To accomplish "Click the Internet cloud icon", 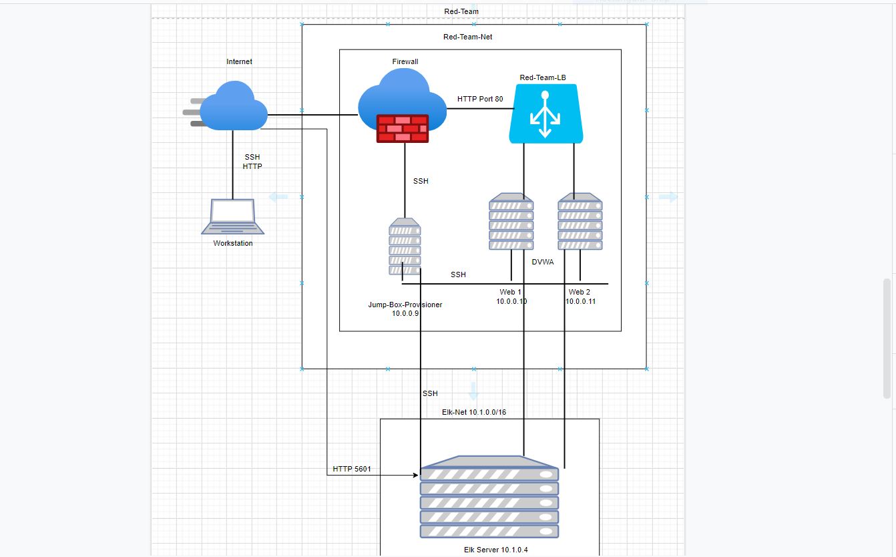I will [x=233, y=106].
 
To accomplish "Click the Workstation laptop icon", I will [x=233, y=216].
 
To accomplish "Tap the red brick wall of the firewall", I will [x=402, y=128].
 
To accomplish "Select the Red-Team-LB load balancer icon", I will [x=545, y=114].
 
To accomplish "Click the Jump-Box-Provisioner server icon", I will [x=405, y=246].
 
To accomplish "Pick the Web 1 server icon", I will [x=511, y=222].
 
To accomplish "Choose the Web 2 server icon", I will [x=580, y=222].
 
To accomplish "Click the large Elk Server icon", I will [x=489, y=497].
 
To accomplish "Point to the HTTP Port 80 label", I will [x=480, y=99].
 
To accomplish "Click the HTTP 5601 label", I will [x=352, y=470].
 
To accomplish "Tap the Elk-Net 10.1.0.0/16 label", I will [x=474, y=412].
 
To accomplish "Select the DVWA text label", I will [x=543, y=262].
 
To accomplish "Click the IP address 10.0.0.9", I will [x=405, y=313].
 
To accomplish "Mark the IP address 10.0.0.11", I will [x=580, y=301].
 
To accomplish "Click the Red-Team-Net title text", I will [x=467, y=37].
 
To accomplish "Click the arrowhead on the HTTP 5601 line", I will [x=416, y=476].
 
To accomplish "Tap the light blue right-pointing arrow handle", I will [x=668, y=197].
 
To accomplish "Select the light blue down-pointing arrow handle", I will [x=473, y=391].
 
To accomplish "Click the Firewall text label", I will [x=405, y=61].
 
